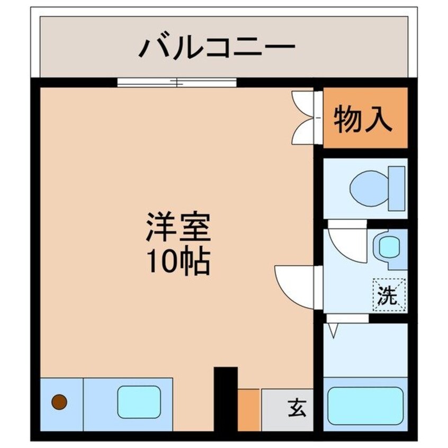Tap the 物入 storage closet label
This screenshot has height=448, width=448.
(363, 120)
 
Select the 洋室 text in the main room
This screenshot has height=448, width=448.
(178, 227)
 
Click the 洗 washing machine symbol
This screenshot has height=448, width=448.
(388, 294)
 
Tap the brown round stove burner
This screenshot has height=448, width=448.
(59, 402)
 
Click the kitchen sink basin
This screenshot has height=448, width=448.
(139, 401)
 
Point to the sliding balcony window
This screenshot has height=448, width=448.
(176, 82)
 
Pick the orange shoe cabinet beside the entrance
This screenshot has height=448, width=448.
(248, 410)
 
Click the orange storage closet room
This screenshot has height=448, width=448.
(365, 118)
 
